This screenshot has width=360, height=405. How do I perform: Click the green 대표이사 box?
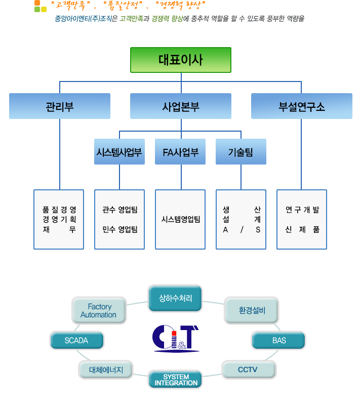(180, 60)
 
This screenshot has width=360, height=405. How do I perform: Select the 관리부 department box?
(60, 106)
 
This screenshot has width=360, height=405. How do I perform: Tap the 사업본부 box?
(180, 106)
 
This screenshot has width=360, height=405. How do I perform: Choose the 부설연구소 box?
(301, 106)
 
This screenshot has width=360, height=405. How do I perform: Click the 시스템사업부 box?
(119, 152)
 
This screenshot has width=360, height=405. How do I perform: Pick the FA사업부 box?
(180, 152)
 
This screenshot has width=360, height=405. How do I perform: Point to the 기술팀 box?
(241, 152)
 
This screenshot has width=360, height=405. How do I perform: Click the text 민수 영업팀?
(119, 229)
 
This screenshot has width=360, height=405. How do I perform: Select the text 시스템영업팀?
(180, 219)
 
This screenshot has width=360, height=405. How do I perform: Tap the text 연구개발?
(302, 210)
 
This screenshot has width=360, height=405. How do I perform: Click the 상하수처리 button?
(175, 298)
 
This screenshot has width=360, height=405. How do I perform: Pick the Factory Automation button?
(99, 310)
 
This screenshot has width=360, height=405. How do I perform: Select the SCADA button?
(76, 341)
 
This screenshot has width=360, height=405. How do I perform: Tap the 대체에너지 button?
(105, 370)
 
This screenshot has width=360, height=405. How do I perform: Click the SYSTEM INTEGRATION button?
(175, 380)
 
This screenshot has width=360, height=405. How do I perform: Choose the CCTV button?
(248, 370)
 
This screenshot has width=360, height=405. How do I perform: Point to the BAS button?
(278, 341)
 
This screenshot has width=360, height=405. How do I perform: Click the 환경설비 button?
(251, 310)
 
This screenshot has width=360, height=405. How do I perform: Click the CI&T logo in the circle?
(175, 338)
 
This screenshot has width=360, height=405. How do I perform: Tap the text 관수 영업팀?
(119, 210)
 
